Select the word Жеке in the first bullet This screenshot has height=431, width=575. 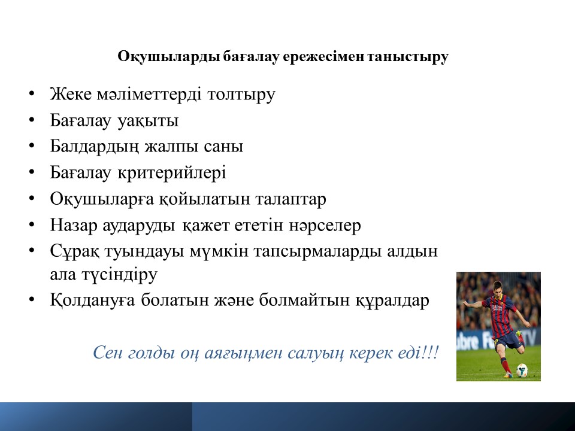tap(71, 94)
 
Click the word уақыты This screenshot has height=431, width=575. tap(148, 121)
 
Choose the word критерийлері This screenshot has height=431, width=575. tap(172, 173)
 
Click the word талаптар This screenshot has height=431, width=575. tap(290, 199)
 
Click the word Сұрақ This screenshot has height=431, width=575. tap(74, 251)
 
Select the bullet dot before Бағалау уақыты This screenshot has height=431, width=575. tap(32, 120)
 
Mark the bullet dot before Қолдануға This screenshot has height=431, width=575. tap(32, 299)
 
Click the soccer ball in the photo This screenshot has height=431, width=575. tap(522, 370)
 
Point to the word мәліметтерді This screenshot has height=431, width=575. tap(149, 94)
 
